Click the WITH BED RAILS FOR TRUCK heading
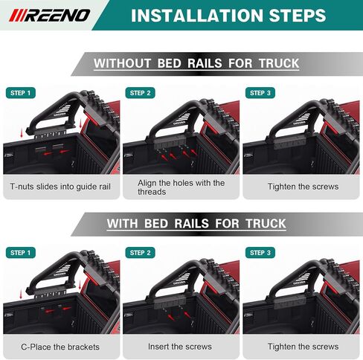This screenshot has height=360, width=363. pyautogui.click(x=196, y=223)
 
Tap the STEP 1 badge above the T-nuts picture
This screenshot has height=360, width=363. pyautogui.click(x=20, y=93)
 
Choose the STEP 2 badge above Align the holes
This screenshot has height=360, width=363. pyautogui.click(x=141, y=93)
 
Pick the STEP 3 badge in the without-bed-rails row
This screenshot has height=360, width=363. pyautogui.click(x=261, y=93)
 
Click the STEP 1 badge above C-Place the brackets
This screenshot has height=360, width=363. pyautogui.click(x=20, y=253)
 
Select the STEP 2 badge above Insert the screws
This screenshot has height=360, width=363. pyautogui.click(x=141, y=253)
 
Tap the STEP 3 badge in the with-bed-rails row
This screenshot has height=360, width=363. pyautogui.click(x=261, y=253)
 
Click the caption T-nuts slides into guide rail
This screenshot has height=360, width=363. pyautogui.click(x=60, y=187)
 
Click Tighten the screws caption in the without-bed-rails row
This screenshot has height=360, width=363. pyautogui.click(x=303, y=187)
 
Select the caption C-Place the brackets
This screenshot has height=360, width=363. pyautogui.click(x=60, y=347)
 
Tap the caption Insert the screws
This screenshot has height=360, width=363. pyautogui.click(x=181, y=347)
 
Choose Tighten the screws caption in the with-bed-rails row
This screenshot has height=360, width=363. pyautogui.click(x=303, y=347)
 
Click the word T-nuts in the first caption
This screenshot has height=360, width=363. pyautogui.click(x=24, y=187)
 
